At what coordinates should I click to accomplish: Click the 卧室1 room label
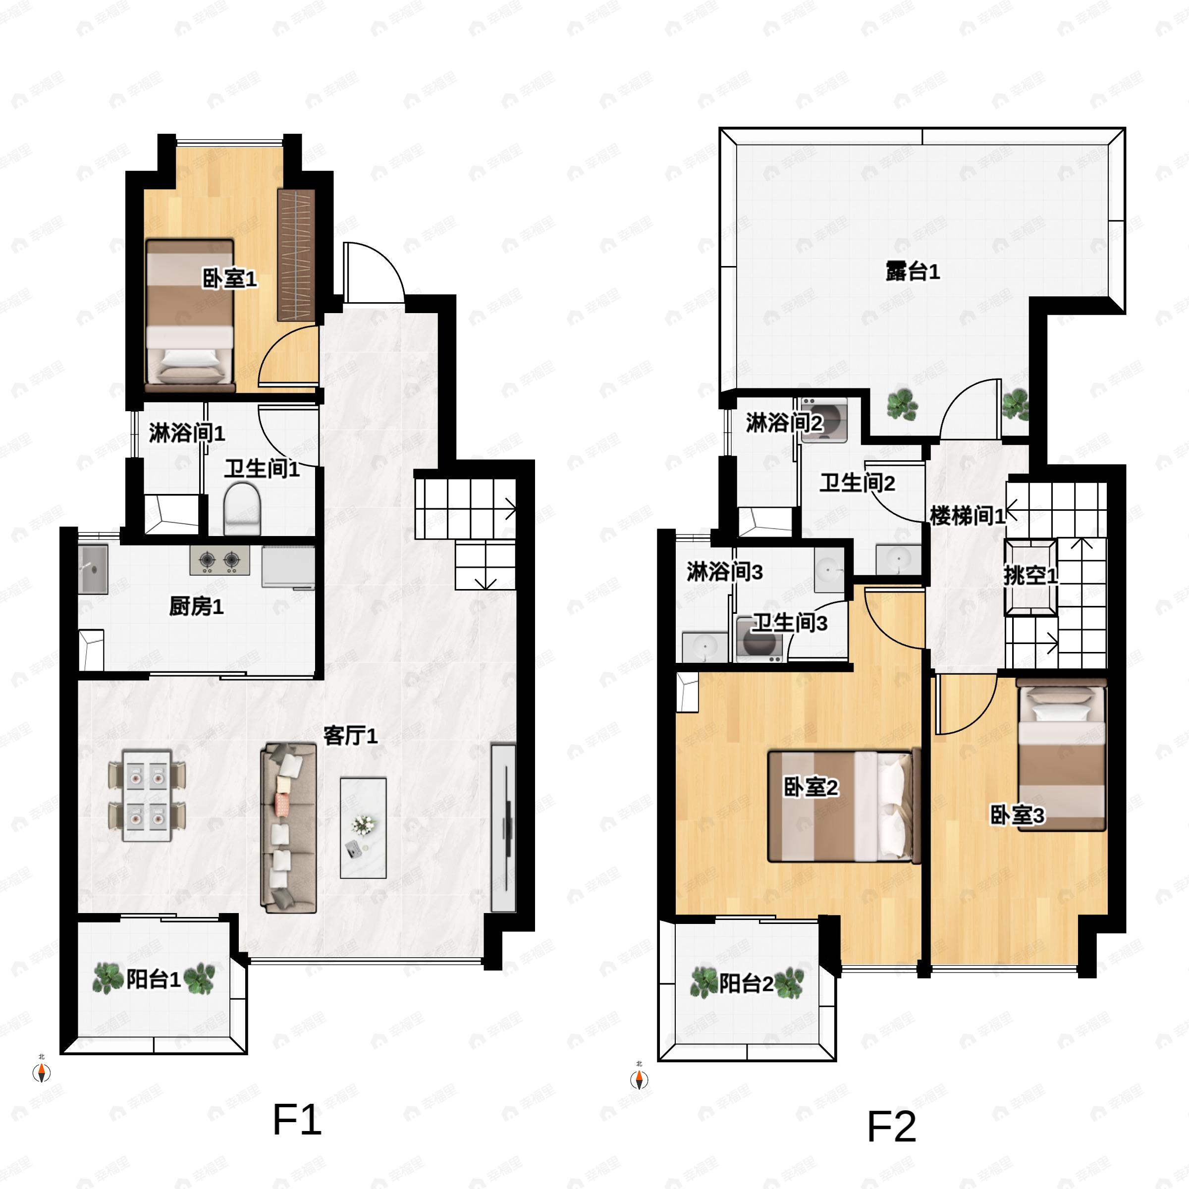coord(229,279)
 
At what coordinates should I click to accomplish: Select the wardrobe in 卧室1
coord(296,255)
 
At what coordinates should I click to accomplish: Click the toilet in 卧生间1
coord(242,508)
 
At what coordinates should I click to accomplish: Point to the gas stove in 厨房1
coord(219,559)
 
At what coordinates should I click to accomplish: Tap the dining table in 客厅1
coord(147,795)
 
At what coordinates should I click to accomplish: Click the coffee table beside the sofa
coord(363,828)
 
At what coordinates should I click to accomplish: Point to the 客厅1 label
coord(350,735)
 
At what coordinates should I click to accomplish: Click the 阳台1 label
coord(153,978)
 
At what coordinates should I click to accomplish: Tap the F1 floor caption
coord(297,1120)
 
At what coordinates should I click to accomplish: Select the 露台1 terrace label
coord(912,271)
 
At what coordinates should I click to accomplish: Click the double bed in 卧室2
coord(843,806)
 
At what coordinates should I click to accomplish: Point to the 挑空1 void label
coord(1030,575)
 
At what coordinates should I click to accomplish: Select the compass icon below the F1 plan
coord(41,1073)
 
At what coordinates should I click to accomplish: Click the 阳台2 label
coord(746,983)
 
